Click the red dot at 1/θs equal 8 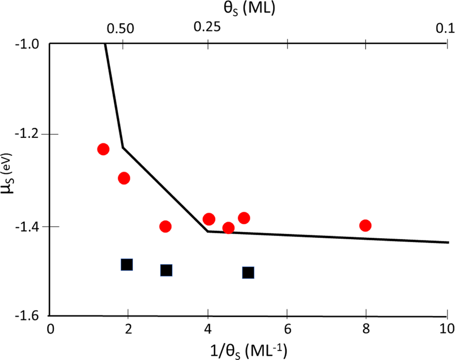[x=366, y=225]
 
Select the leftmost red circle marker [x=103, y=149]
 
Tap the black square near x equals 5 [x=248, y=273]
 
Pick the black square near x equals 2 [x=127, y=265]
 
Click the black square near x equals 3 [x=166, y=270]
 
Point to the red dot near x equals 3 [x=165, y=226]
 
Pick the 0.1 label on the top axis [x=444, y=28]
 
